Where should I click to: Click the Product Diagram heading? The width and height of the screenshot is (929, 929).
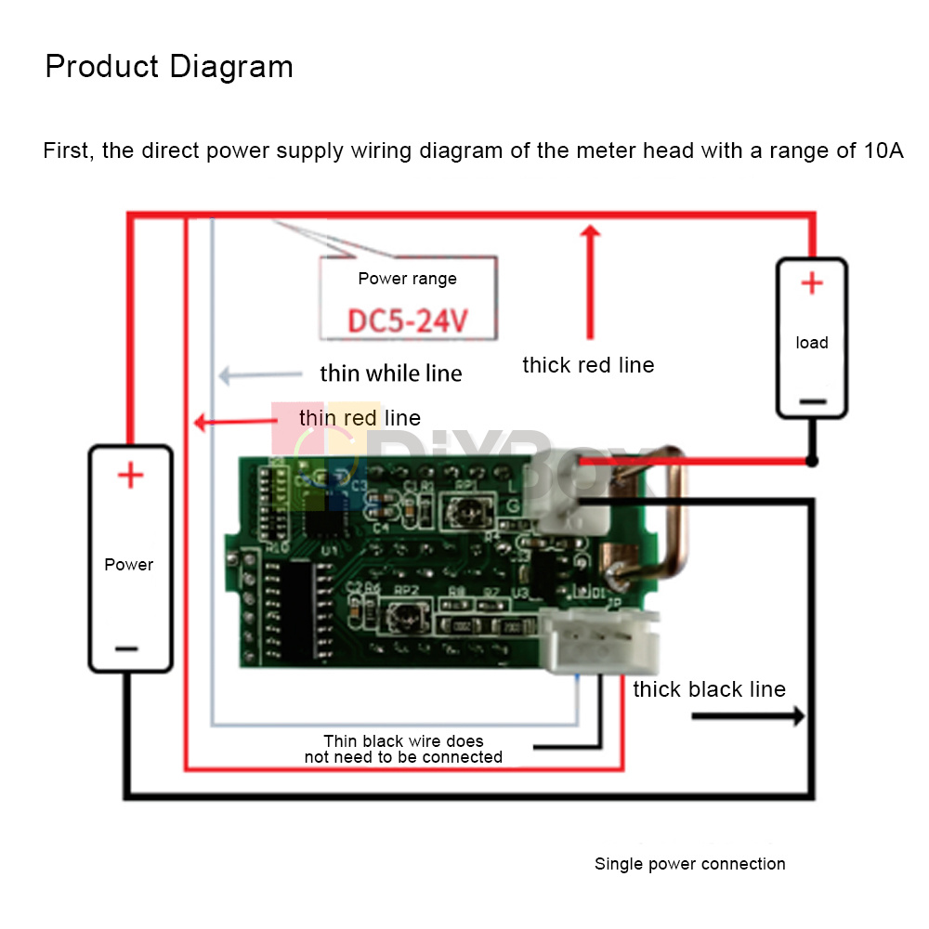point(169,67)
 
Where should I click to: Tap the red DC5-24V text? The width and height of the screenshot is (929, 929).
point(408,321)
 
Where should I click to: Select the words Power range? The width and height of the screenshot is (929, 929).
point(408,279)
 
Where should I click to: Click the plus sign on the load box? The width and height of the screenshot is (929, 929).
point(812,283)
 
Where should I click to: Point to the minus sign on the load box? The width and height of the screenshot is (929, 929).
point(812,401)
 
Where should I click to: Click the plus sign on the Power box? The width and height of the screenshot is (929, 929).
point(130,477)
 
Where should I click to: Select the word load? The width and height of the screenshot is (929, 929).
point(812,343)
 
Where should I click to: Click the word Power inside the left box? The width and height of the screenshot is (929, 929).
point(129,564)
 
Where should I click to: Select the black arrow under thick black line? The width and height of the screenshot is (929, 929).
point(748,716)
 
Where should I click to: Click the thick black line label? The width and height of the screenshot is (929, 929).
point(709,689)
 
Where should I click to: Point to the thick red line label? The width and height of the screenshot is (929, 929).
point(588,365)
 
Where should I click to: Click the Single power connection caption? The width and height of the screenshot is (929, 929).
point(689,864)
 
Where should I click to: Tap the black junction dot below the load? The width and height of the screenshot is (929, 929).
point(812,461)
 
